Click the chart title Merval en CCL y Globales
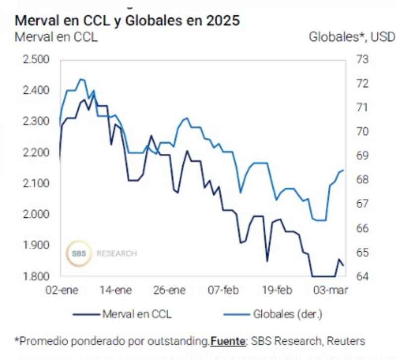pyautogui.click(x=127, y=21)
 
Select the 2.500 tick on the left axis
pyautogui.click(x=36, y=60)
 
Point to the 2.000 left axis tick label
pyautogui.click(x=36, y=214)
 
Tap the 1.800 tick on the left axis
pyautogui.click(x=36, y=276)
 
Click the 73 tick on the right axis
pyautogui.click(x=363, y=60)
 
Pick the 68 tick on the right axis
pyautogui.click(x=363, y=180)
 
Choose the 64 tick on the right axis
pyautogui.click(x=363, y=276)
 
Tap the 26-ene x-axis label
pyautogui.click(x=170, y=290)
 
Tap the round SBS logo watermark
pyautogui.click(x=79, y=253)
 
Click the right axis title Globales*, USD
pyautogui.click(x=352, y=37)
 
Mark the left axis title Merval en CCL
pyautogui.click(x=56, y=37)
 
